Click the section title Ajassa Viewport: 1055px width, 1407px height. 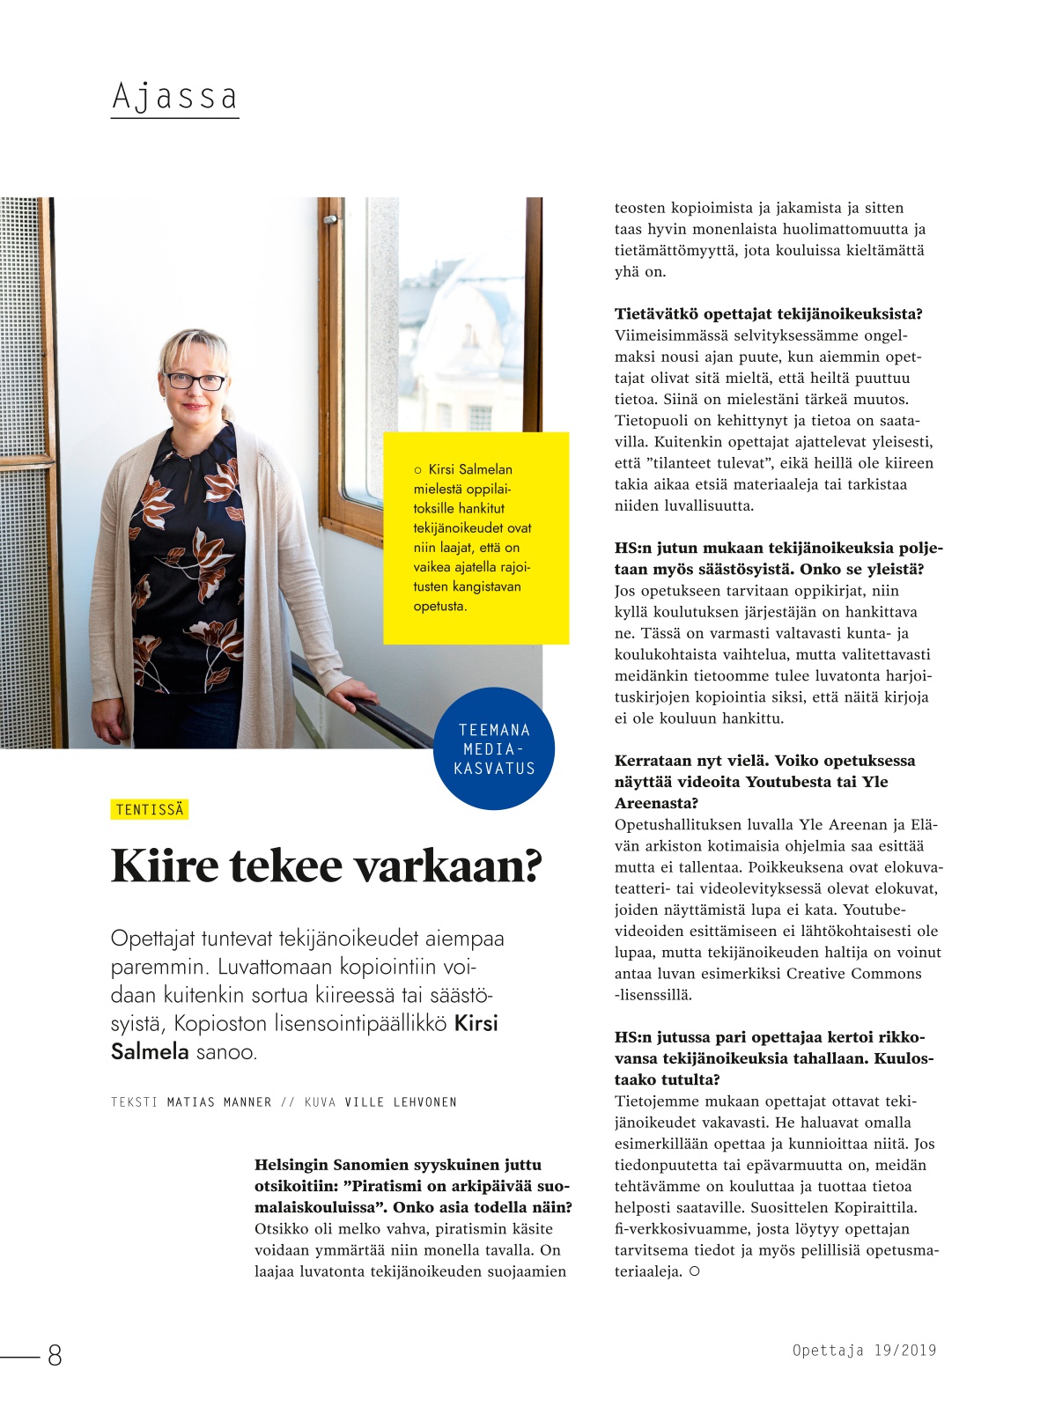pyautogui.click(x=174, y=96)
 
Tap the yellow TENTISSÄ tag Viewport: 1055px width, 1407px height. pyautogui.click(x=150, y=809)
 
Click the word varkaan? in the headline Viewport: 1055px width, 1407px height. pyautogui.click(x=447, y=866)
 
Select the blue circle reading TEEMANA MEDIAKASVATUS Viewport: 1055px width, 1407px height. pyautogui.click(x=494, y=748)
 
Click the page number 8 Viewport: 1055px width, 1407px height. pyautogui.click(x=55, y=1355)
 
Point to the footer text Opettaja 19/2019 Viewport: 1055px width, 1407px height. pyautogui.click(x=864, y=1350)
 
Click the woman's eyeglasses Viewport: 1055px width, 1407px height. pyautogui.click(x=196, y=381)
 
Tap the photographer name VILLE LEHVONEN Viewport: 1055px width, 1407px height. pyautogui.click(x=401, y=1101)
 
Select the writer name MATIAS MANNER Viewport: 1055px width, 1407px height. pyautogui.click(x=219, y=1101)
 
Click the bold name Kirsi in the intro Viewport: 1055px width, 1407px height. pyautogui.click(x=476, y=1023)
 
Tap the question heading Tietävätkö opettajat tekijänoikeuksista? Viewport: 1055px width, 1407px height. pyautogui.click(x=768, y=313)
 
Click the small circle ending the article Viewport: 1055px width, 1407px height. pyautogui.click(x=694, y=1271)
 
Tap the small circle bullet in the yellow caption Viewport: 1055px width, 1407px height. pyautogui.click(x=417, y=470)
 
